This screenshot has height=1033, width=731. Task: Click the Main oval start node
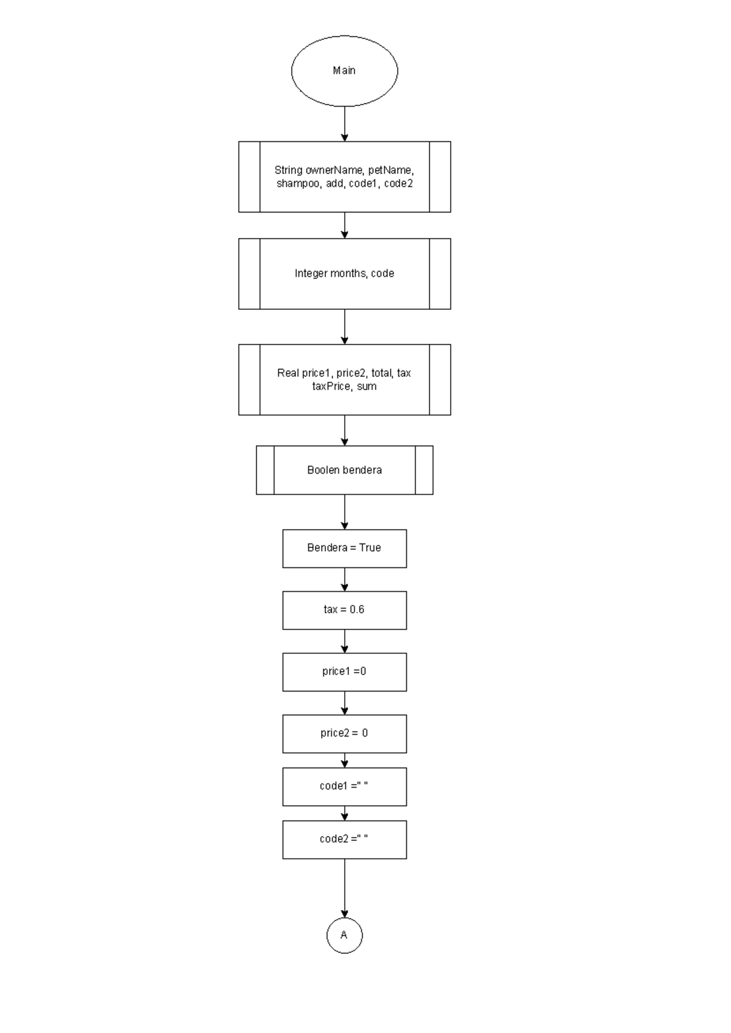344,71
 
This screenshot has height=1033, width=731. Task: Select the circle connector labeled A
344,935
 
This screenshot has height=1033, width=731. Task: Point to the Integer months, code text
344,273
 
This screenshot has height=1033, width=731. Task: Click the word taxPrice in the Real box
331,387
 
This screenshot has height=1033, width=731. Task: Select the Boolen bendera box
344,470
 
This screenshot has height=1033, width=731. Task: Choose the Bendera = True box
344,548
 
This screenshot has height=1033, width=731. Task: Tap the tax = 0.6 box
344,610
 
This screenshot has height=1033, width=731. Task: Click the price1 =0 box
344,671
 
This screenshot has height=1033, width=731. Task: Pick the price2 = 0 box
344,734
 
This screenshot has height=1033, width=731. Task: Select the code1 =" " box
344,786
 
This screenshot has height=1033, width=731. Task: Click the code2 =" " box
344,839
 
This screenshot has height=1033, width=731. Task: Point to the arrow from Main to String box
344,124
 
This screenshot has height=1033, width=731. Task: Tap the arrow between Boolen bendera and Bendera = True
344,512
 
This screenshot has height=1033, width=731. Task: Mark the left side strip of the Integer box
249,274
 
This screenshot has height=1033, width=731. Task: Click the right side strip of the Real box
440,380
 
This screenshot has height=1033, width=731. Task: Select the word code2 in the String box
398,183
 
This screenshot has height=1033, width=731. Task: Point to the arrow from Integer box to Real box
344,327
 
